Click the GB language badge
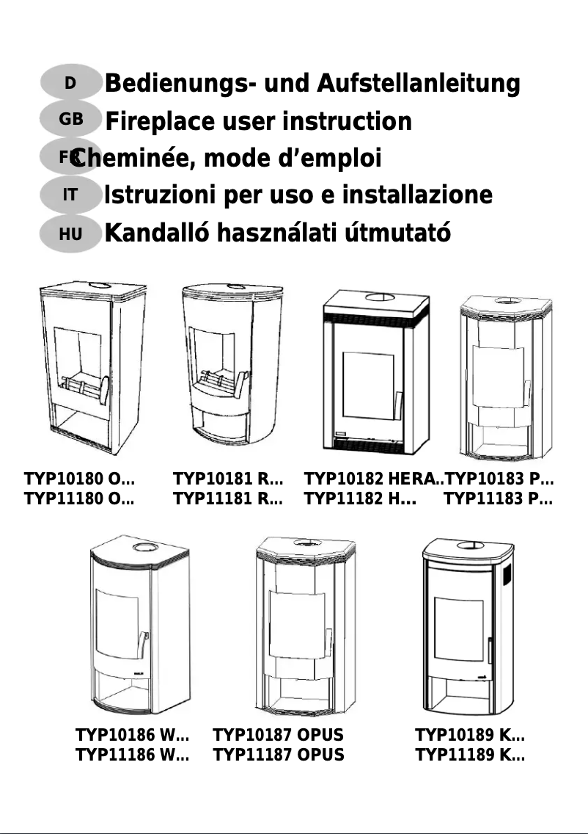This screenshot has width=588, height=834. point(71,118)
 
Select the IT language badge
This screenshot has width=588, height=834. point(70,195)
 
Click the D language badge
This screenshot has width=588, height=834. point(70,83)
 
